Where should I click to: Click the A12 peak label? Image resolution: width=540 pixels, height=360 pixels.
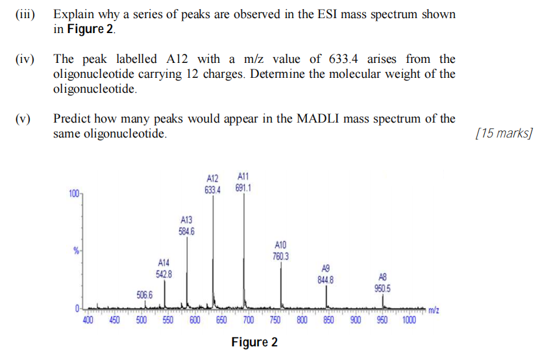(x=213, y=178)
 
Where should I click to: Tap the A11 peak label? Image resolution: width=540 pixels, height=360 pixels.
(x=243, y=176)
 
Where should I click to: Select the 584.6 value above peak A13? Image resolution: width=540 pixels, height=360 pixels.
(x=186, y=230)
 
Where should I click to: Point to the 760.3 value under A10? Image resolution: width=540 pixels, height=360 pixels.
(x=281, y=256)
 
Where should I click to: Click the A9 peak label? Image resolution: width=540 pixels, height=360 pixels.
(x=326, y=269)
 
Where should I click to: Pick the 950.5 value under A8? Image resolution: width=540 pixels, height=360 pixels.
(x=382, y=289)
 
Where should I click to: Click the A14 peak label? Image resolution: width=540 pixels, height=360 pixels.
(x=164, y=263)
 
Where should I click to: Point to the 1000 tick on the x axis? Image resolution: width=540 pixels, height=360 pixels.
(x=410, y=320)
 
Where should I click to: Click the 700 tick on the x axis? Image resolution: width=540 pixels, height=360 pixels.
(x=248, y=320)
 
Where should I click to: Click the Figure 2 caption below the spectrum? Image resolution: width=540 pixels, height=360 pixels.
(x=254, y=342)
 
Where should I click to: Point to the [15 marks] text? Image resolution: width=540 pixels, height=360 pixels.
(x=504, y=134)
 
